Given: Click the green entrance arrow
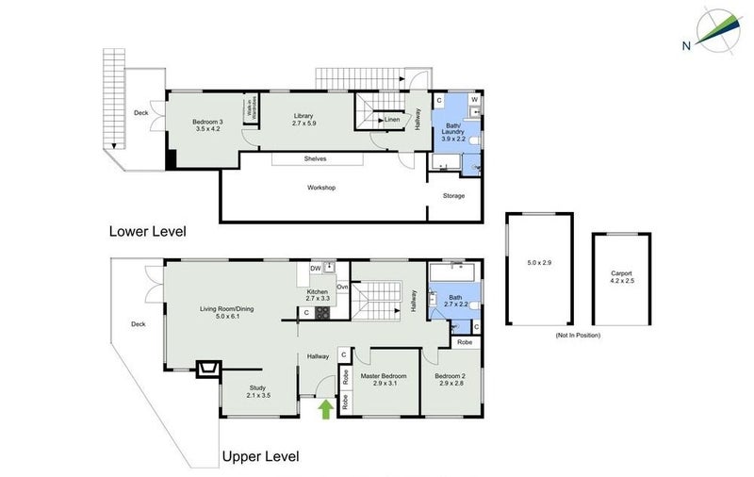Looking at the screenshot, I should click(325, 407).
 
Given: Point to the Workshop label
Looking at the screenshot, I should click(321, 188).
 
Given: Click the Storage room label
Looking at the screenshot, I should click(454, 196).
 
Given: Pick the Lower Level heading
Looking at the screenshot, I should click(147, 231).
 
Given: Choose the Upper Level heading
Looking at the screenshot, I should click(261, 457).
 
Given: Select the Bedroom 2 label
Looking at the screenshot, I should click(450, 379).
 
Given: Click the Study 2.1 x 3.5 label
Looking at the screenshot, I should click(258, 391).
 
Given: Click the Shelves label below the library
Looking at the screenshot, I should click(315, 159).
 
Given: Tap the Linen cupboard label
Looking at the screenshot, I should click(390, 120).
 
